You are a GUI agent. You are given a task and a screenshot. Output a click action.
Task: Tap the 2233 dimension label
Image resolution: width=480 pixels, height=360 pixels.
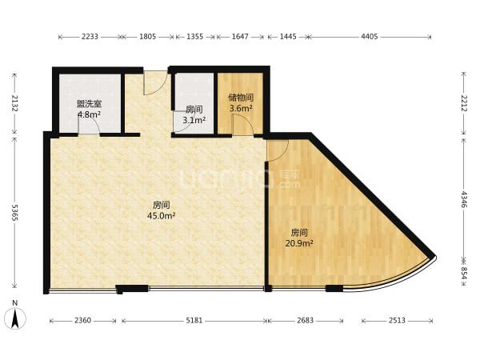(x=90, y=37)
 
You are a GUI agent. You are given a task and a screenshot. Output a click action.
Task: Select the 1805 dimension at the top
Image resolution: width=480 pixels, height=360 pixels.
(x=147, y=37)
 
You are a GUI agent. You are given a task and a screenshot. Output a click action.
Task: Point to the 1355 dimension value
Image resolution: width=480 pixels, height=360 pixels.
(x=194, y=37)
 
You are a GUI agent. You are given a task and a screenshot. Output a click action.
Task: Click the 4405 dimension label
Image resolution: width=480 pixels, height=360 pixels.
(x=369, y=37)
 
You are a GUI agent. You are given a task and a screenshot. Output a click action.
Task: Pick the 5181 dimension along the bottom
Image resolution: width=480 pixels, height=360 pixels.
(x=194, y=321)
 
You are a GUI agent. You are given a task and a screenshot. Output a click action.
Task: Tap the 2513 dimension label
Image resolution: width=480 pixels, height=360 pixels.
(x=397, y=321)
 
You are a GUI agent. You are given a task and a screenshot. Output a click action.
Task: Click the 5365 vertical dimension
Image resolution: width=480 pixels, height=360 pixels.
(x=14, y=212)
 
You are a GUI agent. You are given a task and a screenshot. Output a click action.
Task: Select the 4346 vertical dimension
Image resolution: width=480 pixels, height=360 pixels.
(x=464, y=199)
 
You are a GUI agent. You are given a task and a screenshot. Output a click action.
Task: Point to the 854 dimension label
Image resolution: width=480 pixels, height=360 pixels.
(x=464, y=273)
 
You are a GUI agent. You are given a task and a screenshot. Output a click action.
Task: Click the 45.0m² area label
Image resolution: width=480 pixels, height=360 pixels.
(x=161, y=216)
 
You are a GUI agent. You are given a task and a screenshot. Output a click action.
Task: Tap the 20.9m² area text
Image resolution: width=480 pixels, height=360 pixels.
(x=298, y=244)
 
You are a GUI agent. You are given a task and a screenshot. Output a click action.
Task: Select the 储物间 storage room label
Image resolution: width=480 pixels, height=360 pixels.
(x=241, y=98)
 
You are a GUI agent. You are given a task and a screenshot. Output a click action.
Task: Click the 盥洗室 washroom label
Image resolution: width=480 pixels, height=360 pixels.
(x=89, y=104)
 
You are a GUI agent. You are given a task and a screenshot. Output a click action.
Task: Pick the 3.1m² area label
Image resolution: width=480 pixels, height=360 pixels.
(x=194, y=120)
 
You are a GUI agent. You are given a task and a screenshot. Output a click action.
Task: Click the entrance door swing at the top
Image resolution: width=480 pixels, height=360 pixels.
(x=155, y=83)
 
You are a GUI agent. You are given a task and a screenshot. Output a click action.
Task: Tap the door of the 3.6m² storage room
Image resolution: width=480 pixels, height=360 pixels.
(x=242, y=125)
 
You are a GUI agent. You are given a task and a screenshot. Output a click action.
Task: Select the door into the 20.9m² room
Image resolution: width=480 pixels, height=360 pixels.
(x=278, y=150)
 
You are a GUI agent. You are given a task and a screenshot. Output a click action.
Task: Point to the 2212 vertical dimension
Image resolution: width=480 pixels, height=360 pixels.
(x=464, y=103)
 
